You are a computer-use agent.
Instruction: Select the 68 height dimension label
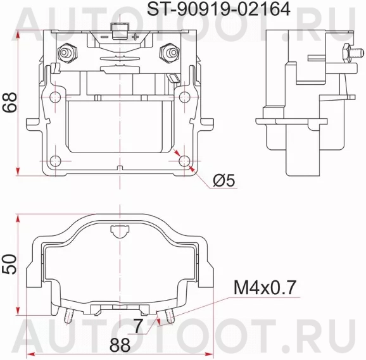point(9,101)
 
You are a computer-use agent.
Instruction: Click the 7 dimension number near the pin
point(137,326)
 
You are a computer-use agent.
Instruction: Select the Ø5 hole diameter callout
point(224,181)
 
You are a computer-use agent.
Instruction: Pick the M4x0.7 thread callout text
point(265,289)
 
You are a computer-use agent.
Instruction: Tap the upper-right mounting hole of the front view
point(184,97)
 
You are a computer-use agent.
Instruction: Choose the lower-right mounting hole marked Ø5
point(184,159)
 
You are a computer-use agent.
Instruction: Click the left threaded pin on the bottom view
point(68,314)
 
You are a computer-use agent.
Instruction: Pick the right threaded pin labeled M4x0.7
point(168,314)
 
